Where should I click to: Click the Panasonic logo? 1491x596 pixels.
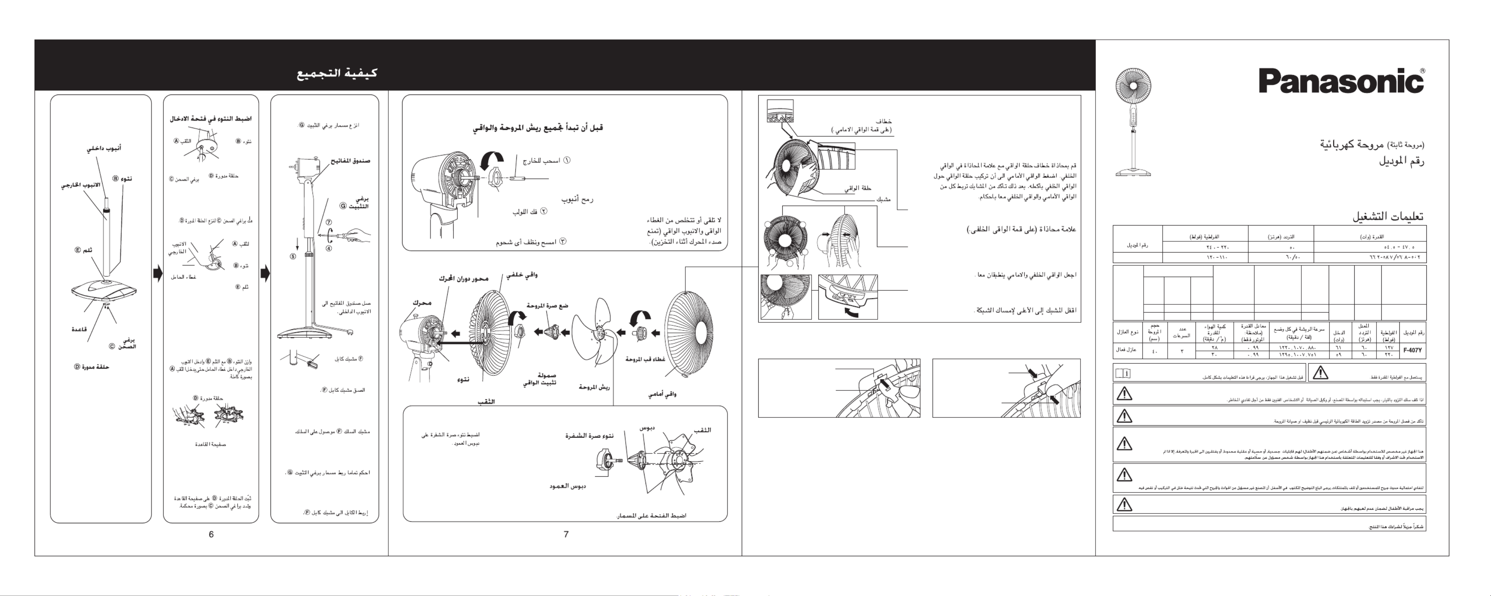1340,81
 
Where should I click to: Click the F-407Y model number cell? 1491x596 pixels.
1412,350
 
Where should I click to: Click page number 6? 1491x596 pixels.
211,534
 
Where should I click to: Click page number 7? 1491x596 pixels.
566,534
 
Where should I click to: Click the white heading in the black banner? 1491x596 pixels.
337,73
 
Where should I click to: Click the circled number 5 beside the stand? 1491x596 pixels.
293,256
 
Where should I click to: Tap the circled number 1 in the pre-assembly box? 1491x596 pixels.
567,160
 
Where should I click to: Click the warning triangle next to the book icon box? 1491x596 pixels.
1320,373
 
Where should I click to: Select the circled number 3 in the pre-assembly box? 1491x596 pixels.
562,241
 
